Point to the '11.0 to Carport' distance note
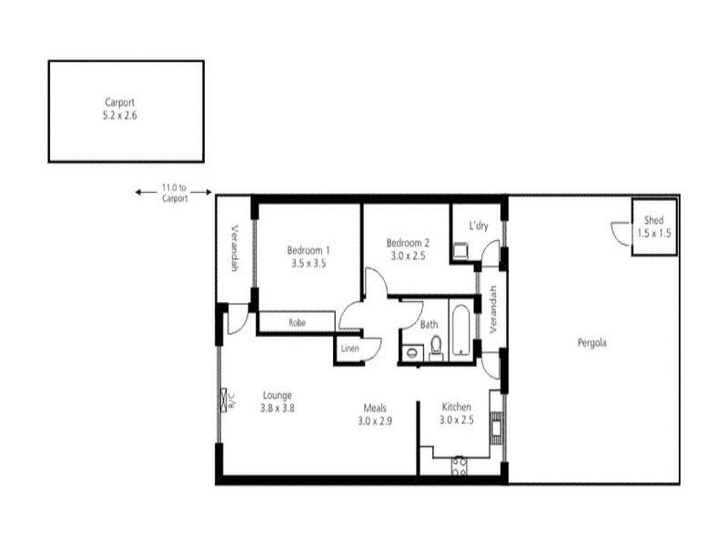coord(175,193)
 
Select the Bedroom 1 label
coord(308,250)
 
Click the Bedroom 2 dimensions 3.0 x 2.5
coord(407,256)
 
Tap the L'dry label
coord(480,225)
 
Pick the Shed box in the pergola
coord(654,227)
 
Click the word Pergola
coord(591,343)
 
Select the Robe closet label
coord(297,323)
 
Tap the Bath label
coord(430,324)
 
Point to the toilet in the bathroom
coord(436,346)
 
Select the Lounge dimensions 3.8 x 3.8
coord(278,409)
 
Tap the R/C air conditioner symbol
coord(225,401)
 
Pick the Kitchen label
coord(457,407)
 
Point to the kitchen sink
coord(496,426)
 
